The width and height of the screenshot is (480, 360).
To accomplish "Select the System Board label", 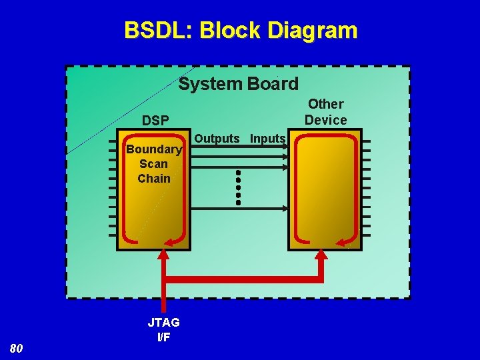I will tap(239, 84).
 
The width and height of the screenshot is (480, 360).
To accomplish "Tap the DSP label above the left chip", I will tap(155, 120).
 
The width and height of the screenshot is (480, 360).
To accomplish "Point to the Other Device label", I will tap(326, 112).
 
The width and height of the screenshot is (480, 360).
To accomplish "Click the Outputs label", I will tap(218, 139).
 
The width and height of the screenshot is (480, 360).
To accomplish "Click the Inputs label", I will tap(268, 139).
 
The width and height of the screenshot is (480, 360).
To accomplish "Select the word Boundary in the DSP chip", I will tap(154, 149).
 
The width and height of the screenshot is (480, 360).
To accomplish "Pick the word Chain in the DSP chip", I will tap(154, 179).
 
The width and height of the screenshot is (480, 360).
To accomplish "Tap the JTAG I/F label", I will tap(163, 329).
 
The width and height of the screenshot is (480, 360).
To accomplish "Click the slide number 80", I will tap(17, 348).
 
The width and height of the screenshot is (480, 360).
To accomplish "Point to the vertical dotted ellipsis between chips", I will tap(238, 186).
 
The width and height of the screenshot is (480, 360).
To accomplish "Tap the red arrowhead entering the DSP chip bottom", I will tap(163, 255).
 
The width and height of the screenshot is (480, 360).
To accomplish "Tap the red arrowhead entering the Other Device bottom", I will tap(321, 255).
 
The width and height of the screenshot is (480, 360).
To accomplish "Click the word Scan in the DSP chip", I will tap(154, 164).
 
